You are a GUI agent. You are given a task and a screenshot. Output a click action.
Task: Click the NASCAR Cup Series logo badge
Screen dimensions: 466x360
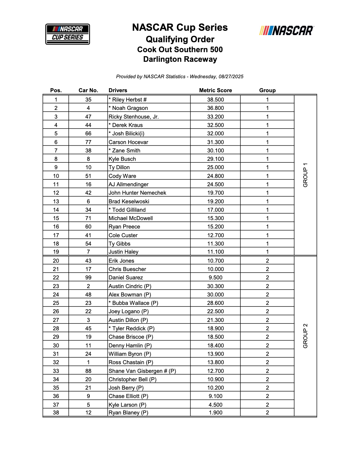pyautogui.click(x=68, y=34)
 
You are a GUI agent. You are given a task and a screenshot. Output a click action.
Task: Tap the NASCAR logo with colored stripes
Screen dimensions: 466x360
pyautogui.click(x=286, y=30)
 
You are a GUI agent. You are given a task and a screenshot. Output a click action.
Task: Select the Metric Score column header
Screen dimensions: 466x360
pyautogui.click(x=215, y=90)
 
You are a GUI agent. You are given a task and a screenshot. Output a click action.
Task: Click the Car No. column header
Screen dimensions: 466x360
pyautogui.click(x=88, y=90)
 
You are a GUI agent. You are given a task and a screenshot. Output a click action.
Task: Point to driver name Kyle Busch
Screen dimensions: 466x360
pyautogui.click(x=122, y=159)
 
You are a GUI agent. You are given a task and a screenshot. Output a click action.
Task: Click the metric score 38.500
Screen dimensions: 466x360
pyautogui.click(x=215, y=100)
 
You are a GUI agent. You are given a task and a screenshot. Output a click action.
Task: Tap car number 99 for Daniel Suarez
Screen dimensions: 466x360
pyautogui.click(x=88, y=278)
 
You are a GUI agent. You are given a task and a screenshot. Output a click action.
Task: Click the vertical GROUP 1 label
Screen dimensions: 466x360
pyautogui.click(x=305, y=175)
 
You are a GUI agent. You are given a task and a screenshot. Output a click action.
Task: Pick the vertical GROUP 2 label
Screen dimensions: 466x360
pyautogui.click(x=305, y=336)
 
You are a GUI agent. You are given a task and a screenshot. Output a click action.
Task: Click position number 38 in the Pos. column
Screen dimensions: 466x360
pyautogui.click(x=56, y=413)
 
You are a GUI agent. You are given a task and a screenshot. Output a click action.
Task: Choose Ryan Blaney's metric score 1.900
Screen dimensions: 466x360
pyautogui.click(x=215, y=413)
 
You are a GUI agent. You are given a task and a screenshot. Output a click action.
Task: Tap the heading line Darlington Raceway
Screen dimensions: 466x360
pyautogui.click(x=180, y=59)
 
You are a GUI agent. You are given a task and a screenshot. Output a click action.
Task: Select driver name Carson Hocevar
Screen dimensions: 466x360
pyautogui.click(x=128, y=142)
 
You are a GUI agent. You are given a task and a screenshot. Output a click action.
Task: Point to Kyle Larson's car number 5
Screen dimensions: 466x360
pyautogui.click(x=88, y=405)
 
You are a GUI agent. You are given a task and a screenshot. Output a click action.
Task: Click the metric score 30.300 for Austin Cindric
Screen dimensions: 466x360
pyautogui.click(x=215, y=286)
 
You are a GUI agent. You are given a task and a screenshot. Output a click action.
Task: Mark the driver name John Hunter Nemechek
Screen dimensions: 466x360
pyautogui.click(x=137, y=193)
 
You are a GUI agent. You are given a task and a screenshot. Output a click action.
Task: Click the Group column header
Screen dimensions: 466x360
pyautogui.click(x=267, y=90)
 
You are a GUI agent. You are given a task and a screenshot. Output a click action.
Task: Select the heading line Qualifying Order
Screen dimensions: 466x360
pyautogui.click(x=180, y=39)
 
